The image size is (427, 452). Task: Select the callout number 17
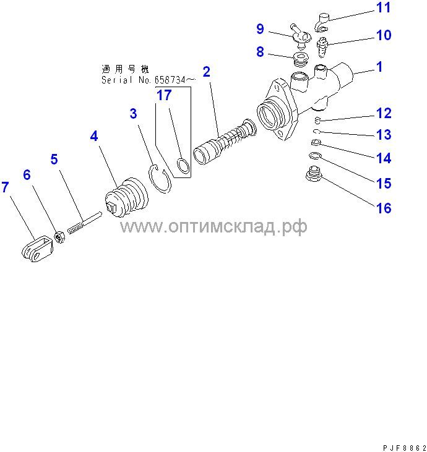164,95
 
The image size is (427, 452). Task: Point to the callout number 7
6,188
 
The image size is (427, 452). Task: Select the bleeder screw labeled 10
324,45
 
